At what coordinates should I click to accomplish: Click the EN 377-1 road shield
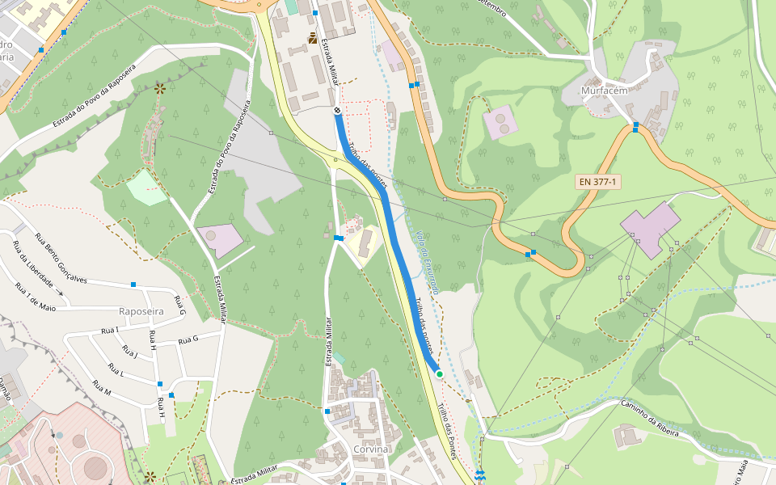pyautogui.click(x=598, y=182)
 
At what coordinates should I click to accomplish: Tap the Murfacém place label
pyautogui.click(x=604, y=91)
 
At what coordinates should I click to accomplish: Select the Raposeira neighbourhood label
pyautogui.click(x=141, y=311)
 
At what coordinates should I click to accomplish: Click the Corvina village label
pyautogui.click(x=371, y=449)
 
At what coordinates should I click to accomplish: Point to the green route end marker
pyautogui.click(x=439, y=373)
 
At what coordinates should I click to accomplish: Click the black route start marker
pyautogui.click(x=337, y=110)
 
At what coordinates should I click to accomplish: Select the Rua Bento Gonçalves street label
pyautogui.click(x=61, y=258)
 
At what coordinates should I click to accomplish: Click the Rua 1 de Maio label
pyautogui.click(x=36, y=297)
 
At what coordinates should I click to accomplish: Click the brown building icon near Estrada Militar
pyautogui.click(x=313, y=38)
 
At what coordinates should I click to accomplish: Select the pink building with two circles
pyautogui.click(x=500, y=122)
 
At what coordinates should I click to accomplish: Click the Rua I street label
pyautogui.click(x=110, y=330)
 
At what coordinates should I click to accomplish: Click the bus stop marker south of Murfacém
pyautogui.click(x=635, y=127)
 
